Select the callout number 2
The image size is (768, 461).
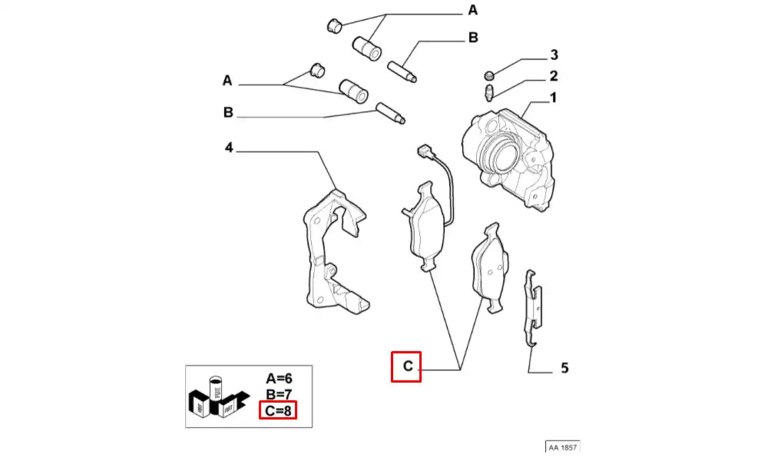[x=552, y=76]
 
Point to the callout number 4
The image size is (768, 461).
[x=228, y=147]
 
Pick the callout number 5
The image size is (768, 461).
[x=564, y=368]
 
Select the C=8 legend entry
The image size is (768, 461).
[x=276, y=411]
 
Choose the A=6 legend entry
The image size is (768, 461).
[x=278, y=378]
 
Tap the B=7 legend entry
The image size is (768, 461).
[x=278, y=395]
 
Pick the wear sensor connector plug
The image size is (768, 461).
[x=421, y=152]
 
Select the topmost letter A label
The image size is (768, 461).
[x=473, y=10]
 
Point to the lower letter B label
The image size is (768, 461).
[x=228, y=113]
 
